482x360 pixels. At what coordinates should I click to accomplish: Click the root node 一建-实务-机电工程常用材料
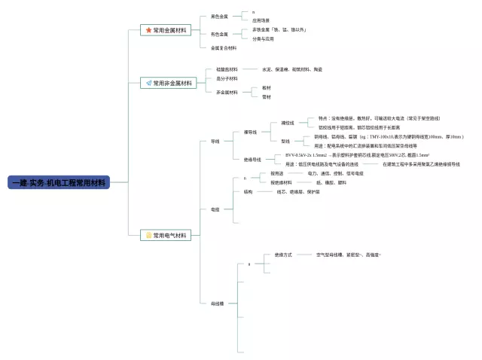[59, 182]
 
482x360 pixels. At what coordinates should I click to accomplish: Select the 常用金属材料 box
[166, 30]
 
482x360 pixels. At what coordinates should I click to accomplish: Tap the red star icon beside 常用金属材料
[148, 30]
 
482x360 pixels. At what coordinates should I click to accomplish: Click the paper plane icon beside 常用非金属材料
[148, 83]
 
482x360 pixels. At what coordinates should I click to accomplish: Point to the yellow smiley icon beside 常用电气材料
[148, 235]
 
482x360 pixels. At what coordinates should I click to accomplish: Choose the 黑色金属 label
[219, 16]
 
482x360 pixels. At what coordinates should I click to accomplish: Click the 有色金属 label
[219, 34]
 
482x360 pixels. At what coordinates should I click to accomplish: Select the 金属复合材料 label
[224, 47]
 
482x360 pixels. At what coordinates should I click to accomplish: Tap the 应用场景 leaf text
[261, 20]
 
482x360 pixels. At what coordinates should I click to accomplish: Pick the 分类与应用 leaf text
[263, 38]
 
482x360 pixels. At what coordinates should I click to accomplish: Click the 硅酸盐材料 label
[227, 69]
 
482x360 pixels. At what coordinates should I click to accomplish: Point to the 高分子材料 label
[227, 78]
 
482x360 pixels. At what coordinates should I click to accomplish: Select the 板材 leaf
[267, 87]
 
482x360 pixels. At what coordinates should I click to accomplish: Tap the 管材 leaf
[267, 96]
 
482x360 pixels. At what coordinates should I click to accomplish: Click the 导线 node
[215, 141]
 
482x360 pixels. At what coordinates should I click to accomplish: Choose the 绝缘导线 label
[252, 159]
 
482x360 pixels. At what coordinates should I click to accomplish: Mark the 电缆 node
[215, 209]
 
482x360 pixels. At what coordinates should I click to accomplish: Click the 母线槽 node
[218, 303]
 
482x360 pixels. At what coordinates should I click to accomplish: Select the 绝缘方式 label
[283, 255]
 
